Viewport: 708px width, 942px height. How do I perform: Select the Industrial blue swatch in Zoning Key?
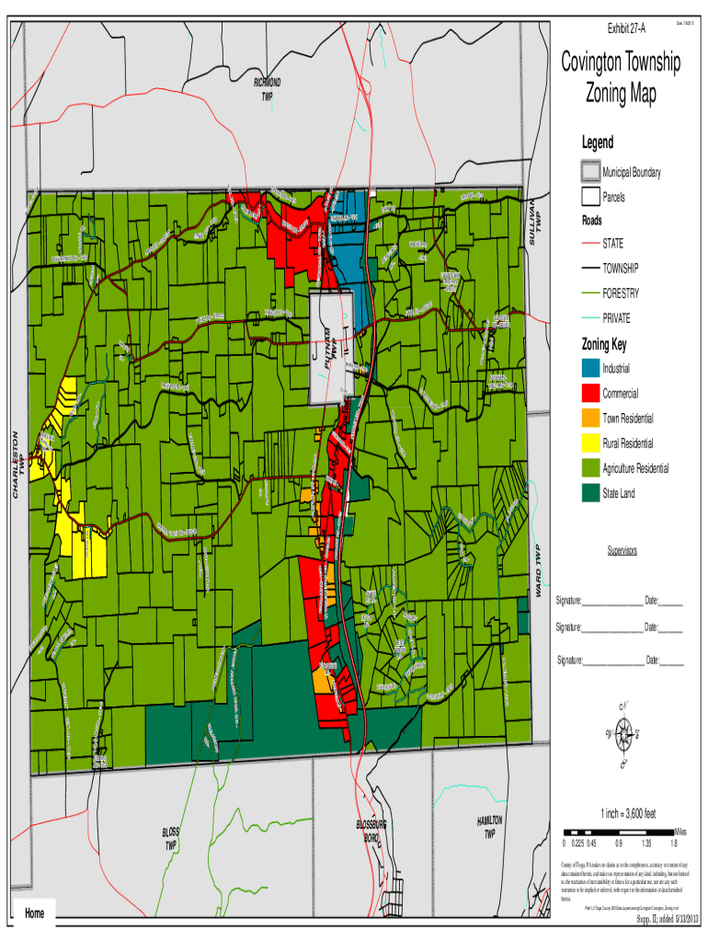tap(589, 368)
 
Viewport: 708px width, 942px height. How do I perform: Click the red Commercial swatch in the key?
tap(589, 393)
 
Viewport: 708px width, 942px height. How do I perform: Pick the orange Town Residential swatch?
tap(589, 418)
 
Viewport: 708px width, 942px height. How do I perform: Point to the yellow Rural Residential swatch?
tap(589, 442)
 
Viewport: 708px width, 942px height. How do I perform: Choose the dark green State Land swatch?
tap(589, 493)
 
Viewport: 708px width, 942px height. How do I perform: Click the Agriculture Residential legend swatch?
tap(589, 468)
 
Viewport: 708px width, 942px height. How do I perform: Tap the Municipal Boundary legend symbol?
tap(589, 172)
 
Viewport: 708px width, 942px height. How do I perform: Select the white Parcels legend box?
tap(589, 197)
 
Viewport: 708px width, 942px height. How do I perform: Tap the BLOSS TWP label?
tap(170, 838)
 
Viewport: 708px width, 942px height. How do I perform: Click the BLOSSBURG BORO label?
tap(369, 832)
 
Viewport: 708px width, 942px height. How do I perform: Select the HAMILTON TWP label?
tap(489, 826)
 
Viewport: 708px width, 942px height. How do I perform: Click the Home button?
tap(36, 913)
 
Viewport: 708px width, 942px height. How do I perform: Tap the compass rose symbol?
tap(624, 734)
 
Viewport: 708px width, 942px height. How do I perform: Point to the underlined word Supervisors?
tap(622, 550)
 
